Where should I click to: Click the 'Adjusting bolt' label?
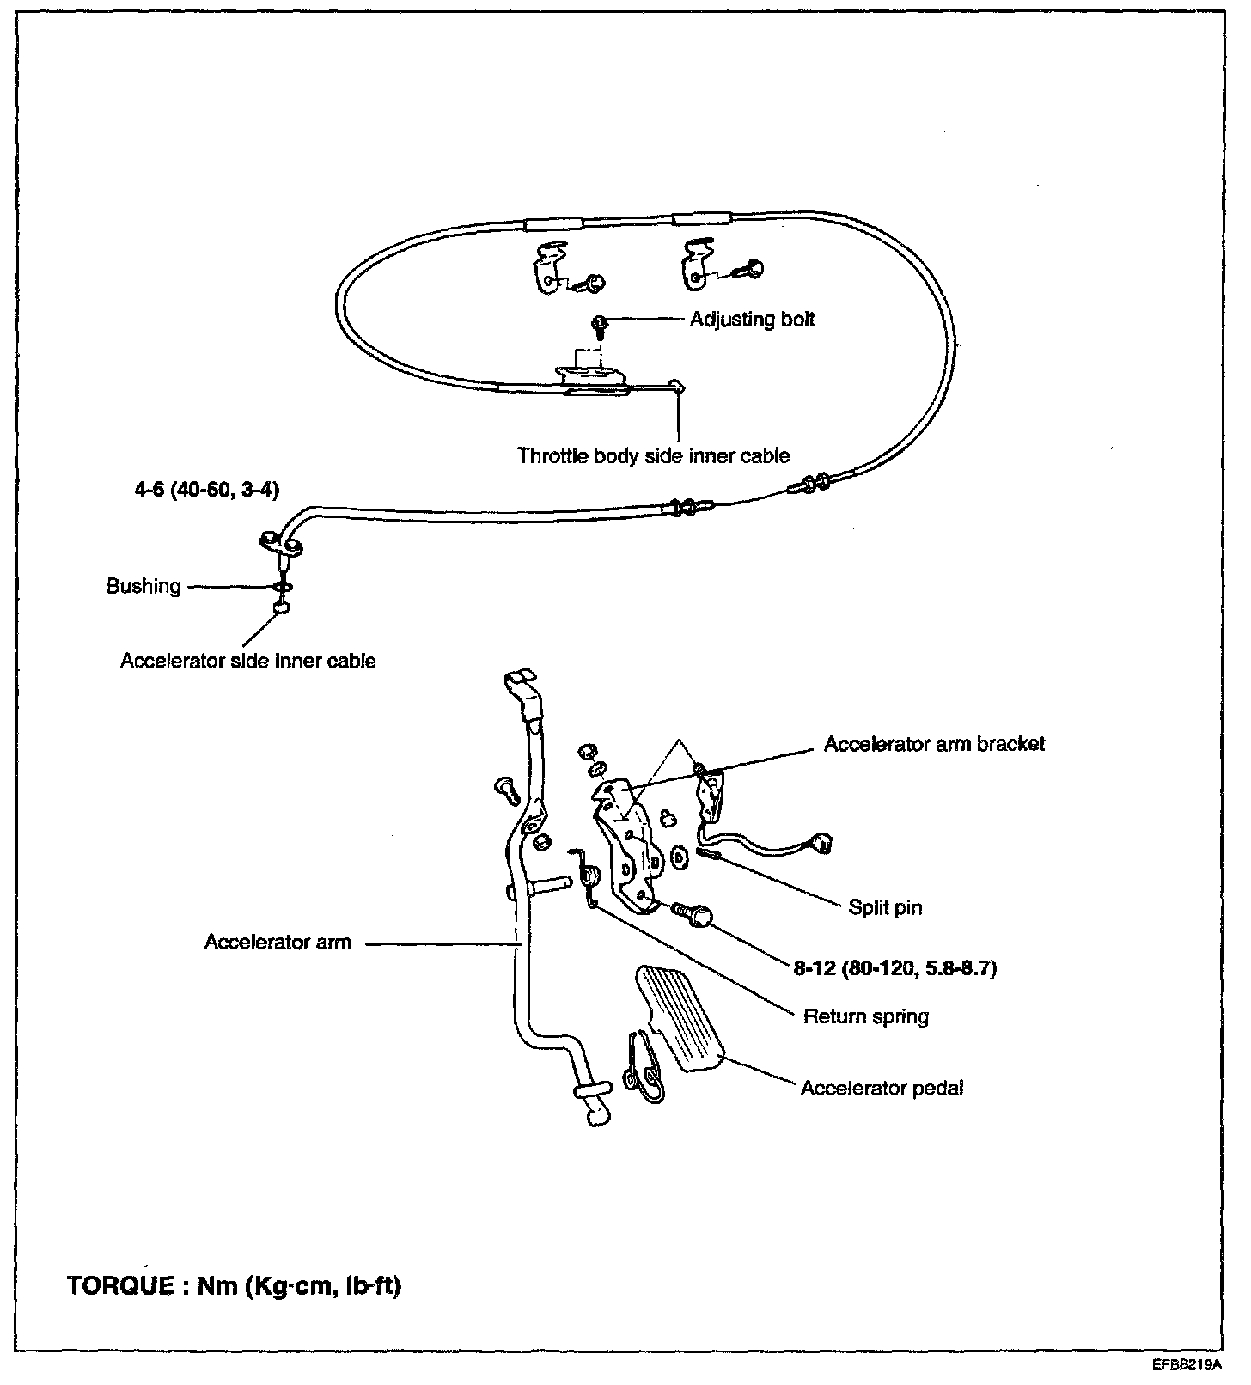click(752, 320)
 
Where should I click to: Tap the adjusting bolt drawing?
click(600, 324)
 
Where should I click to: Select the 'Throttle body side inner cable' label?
click(653, 455)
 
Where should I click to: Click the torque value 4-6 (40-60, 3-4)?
click(213, 491)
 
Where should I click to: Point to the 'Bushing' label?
click(143, 587)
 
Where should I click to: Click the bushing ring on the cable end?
click(281, 587)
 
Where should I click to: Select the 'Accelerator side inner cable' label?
click(247, 661)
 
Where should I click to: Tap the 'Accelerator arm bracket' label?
click(934, 744)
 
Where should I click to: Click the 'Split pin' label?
click(885, 907)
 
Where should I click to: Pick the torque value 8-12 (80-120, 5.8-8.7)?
click(894, 969)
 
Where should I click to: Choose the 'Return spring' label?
click(865, 1017)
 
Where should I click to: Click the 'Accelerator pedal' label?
click(882, 1089)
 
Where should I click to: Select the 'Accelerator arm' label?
click(278, 943)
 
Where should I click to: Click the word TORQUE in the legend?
click(119, 1287)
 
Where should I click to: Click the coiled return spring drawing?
click(589, 876)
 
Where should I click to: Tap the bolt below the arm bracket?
click(693, 913)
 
